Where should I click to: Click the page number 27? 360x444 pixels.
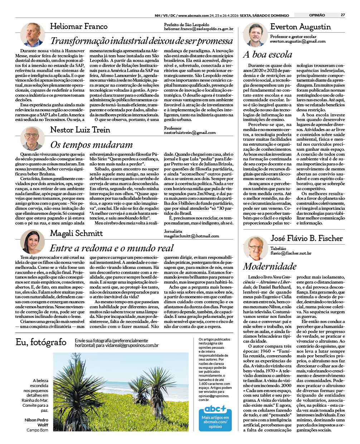pyautogui.click(x=342, y=15)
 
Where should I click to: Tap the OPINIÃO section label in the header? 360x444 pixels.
pyautogui.click(x=317, y=15)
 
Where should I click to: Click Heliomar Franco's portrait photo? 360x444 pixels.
pyautogui.click(x=32, y=34)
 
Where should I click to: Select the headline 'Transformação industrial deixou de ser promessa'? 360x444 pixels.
pyautogui.click(x=141, y=40)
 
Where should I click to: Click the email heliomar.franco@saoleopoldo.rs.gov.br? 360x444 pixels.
pyautogui.click(x=199, y=29)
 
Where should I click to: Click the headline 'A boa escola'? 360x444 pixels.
pyautogui.click(x=267, y=55)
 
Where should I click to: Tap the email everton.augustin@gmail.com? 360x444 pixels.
pyautogui.click(x=298, y=41)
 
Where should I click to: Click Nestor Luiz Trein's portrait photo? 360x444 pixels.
pyautogui.click(x=32, y=138)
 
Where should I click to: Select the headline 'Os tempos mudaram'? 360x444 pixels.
pyautogui.click(x=92, y=145)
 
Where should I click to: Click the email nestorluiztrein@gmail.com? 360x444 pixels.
pyautogui.click(x=190, y=132)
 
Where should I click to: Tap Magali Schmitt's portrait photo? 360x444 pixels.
pyautogui.click(x=32, y=242)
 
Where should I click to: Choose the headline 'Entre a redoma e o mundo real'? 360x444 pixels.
pyautogui.click(x=112, y=248)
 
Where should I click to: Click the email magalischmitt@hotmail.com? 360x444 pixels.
pyautogui.click(x=191, y=236)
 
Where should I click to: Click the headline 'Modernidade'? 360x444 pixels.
pyautogui.click(x=270, y=266)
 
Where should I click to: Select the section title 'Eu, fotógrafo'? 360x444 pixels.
pyautogui.click(x=41, y=342)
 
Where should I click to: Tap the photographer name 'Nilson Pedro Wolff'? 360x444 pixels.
pyautogui.click(x=37, y=422)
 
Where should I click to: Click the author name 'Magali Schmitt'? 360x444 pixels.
pyautogui.click(x=76, y=233)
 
